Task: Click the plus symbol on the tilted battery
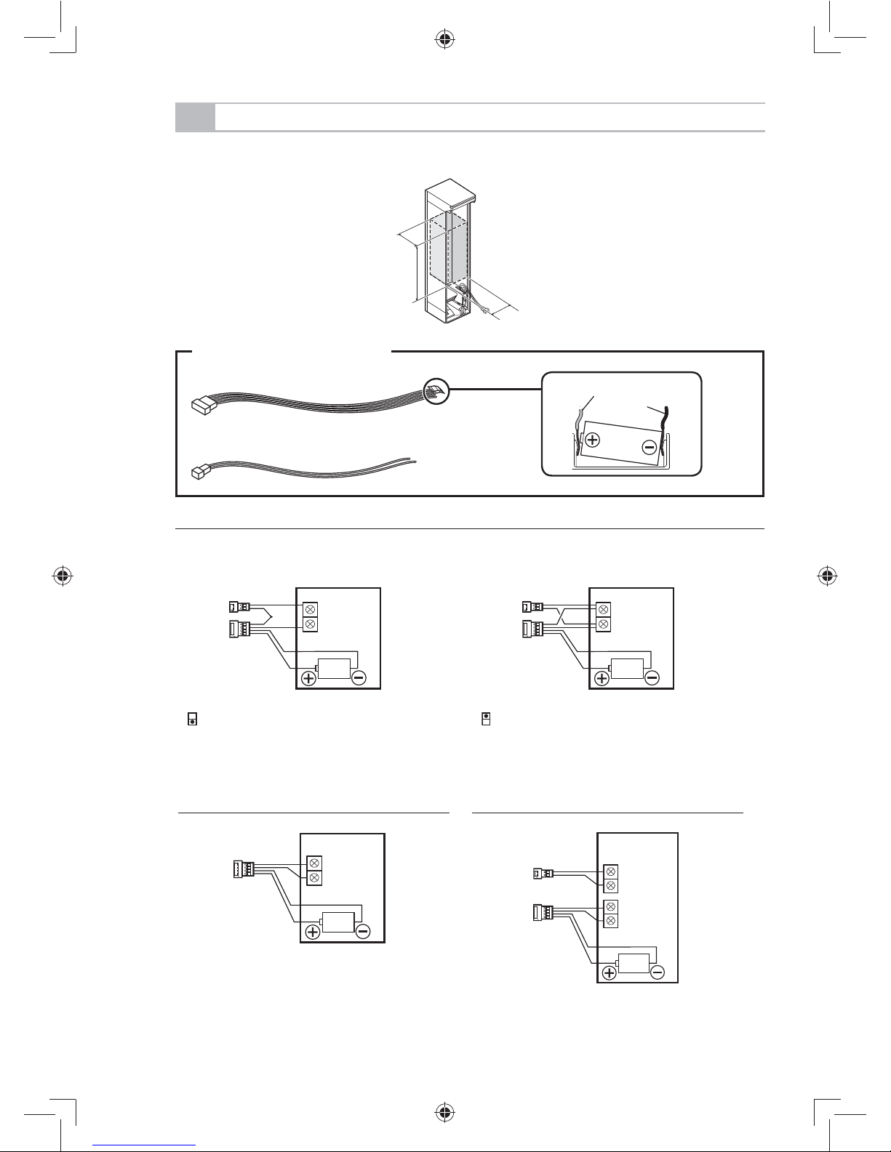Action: (593, 440)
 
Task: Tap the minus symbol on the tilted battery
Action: (650, 447)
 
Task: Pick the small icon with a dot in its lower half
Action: (192, 720)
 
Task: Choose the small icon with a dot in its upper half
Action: (486, 720)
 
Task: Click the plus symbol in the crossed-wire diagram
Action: (602, 678)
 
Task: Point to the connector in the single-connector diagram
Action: (239, 869)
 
